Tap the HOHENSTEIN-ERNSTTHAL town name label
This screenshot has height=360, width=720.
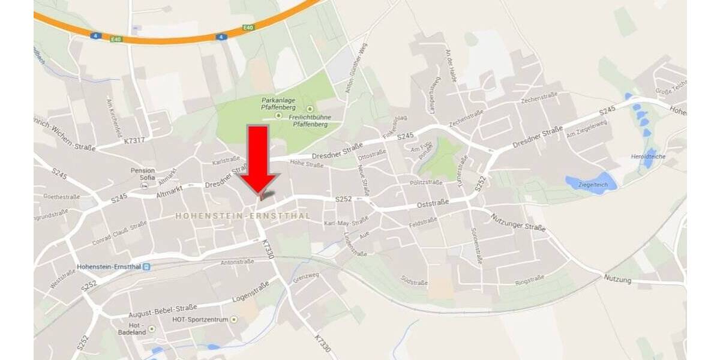click(x=243, y=215)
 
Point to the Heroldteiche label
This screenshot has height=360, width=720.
click(x=649, y=157)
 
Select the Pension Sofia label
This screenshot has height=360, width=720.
click(x=143, y=174)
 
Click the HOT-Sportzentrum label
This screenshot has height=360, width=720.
click(x=200, y=320)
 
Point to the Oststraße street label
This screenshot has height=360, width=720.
click(x=433, y=205)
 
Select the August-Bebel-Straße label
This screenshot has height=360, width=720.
click(x=163, y=310)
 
